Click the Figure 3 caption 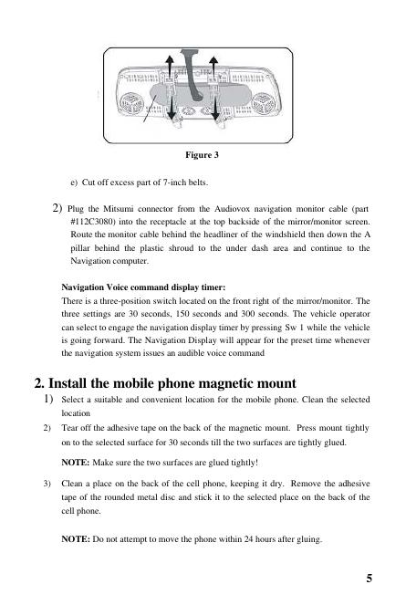202,155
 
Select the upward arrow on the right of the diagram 213,67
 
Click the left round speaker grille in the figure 131,103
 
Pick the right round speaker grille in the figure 264,103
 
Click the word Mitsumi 118,209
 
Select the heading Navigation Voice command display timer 143,287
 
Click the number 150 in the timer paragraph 182,314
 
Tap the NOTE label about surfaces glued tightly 76,463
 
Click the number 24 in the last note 248,539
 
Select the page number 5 370,578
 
